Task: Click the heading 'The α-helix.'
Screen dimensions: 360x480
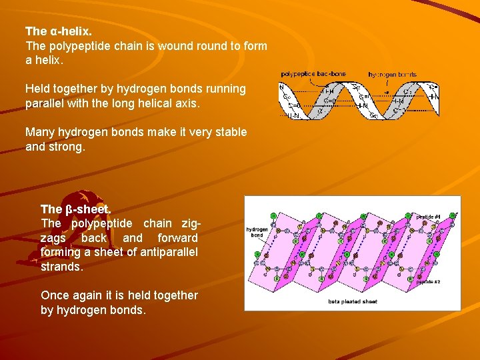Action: [x=58, y=31]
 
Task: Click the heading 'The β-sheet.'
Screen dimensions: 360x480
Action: [x=75, y=209]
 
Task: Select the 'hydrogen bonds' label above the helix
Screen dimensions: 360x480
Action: [x=393, y=74]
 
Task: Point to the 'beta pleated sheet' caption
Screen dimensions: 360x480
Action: [x=352, y=302]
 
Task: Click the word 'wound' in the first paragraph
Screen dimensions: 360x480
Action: [x=167, y=46]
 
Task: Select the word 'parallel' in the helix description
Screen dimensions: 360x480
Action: [x=45, y=103]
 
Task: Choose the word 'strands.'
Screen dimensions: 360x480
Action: [x=62, y=267]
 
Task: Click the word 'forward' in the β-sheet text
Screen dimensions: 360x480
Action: [x=177, y=237]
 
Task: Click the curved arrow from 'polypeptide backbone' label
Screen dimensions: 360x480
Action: [x=288, y=81]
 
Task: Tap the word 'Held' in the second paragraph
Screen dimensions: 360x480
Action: [x=38, y=89]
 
